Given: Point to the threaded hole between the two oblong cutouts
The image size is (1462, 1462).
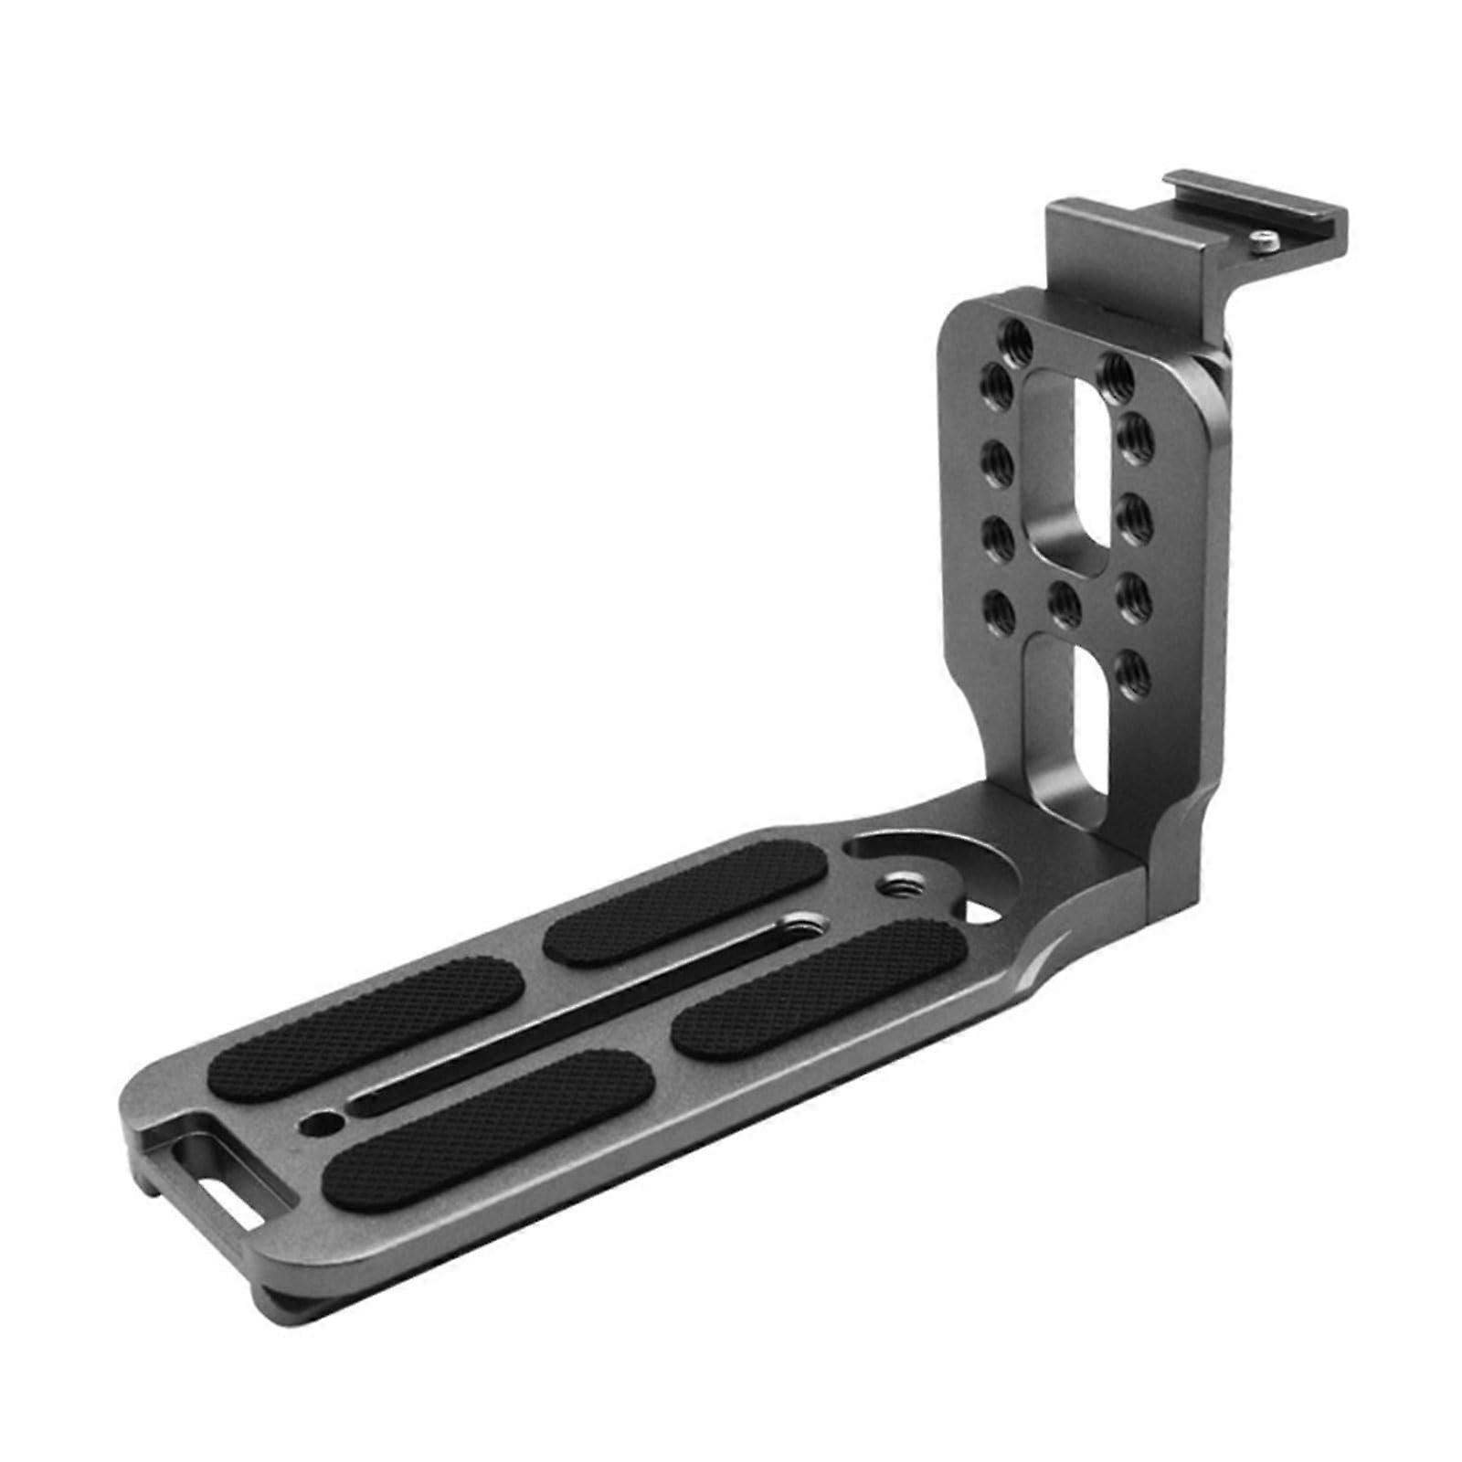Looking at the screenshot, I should click(x=1063, y=599).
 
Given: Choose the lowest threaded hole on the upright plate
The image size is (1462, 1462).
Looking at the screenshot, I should click(x=1129, y=664).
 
